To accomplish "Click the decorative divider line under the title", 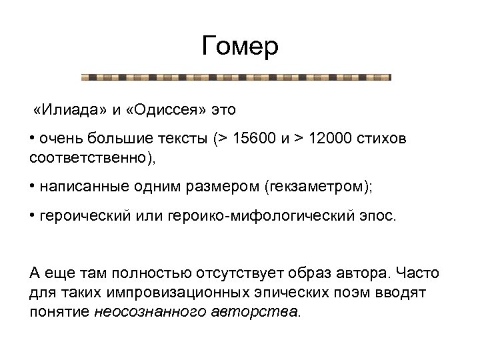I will click(236, 77).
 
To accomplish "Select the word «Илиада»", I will click(68, 109).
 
